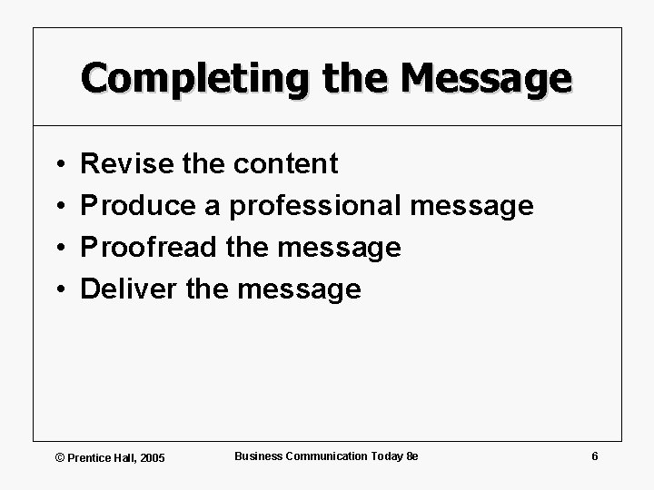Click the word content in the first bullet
click(285, 164)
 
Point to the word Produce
click(138, 206)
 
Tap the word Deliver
click(127, 289)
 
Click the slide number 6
click(594, 456)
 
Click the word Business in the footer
click(259, 456)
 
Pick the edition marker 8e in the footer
click(411, 456)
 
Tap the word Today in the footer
click(385, 456)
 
